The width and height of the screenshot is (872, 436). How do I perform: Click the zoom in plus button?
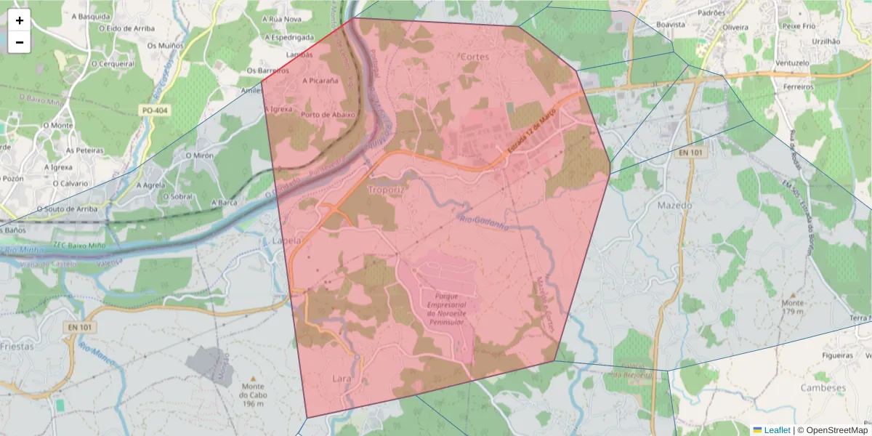coord(20,20)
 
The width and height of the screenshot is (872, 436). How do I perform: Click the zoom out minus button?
coord(20,42)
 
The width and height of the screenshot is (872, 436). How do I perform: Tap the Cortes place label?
coord(475,57)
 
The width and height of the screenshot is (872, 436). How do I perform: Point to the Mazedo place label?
coord(675,206)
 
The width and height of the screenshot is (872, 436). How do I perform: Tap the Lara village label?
coord(341,379)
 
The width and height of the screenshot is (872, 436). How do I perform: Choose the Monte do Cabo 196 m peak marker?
coord(253,379)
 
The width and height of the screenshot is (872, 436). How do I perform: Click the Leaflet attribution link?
coord(777,430)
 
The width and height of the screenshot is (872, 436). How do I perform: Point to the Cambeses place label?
coord(823,388)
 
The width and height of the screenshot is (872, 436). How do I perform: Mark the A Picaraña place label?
coord(320,81)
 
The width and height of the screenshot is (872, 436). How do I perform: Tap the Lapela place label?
coord(286,241)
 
